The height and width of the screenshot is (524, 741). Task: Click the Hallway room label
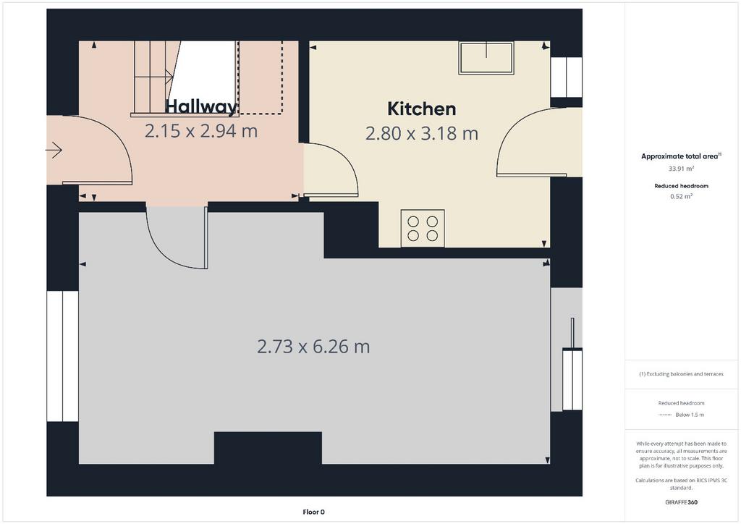pyautogui.click(x=201, y=106)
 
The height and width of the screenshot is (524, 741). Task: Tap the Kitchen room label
pyautogui.click(x=422, y=109)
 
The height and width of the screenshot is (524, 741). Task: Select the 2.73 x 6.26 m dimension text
pyautogui.click(x=313, y=347)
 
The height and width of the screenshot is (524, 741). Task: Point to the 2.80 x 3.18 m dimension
pyautogui.click(x=422, y=133)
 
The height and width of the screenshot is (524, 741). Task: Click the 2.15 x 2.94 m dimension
pyautogui.click(x=201, y=131)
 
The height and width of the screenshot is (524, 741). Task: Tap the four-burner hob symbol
pyautogui.click(x=423, y=228)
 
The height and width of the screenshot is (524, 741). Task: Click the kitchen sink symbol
pyautogui.click(x=486, y=58)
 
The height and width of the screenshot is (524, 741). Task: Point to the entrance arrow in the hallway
pyautogui.click(x=54, y=151)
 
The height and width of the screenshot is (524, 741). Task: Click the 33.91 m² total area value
pyautogui.click(x=681, y=169)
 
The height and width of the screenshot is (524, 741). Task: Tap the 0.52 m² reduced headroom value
pyautogui.click(x=681, y=197)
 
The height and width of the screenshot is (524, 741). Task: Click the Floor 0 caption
pyautogui.click(x=314, y=512)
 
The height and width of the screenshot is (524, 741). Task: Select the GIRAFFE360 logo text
pyautogui.click(x=681, y=502)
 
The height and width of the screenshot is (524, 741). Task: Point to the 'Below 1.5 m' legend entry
pyautogui.click(x=690, y=415)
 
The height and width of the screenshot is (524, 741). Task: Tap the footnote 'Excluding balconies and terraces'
pyautogui.click(x=685, y=373)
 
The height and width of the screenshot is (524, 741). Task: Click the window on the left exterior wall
pyautogui.click(x=62, y=356)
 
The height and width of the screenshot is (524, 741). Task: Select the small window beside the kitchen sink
pyautogui.click(x=566, y=77)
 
